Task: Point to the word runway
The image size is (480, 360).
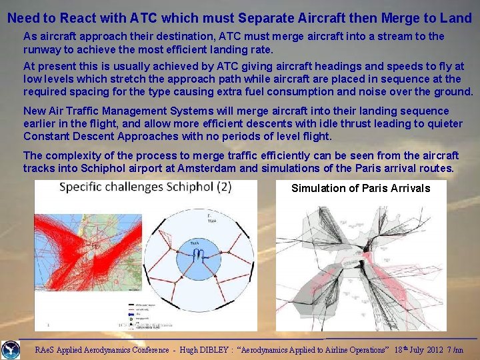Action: pos(42,49)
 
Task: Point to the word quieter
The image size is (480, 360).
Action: pos(441,124)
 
